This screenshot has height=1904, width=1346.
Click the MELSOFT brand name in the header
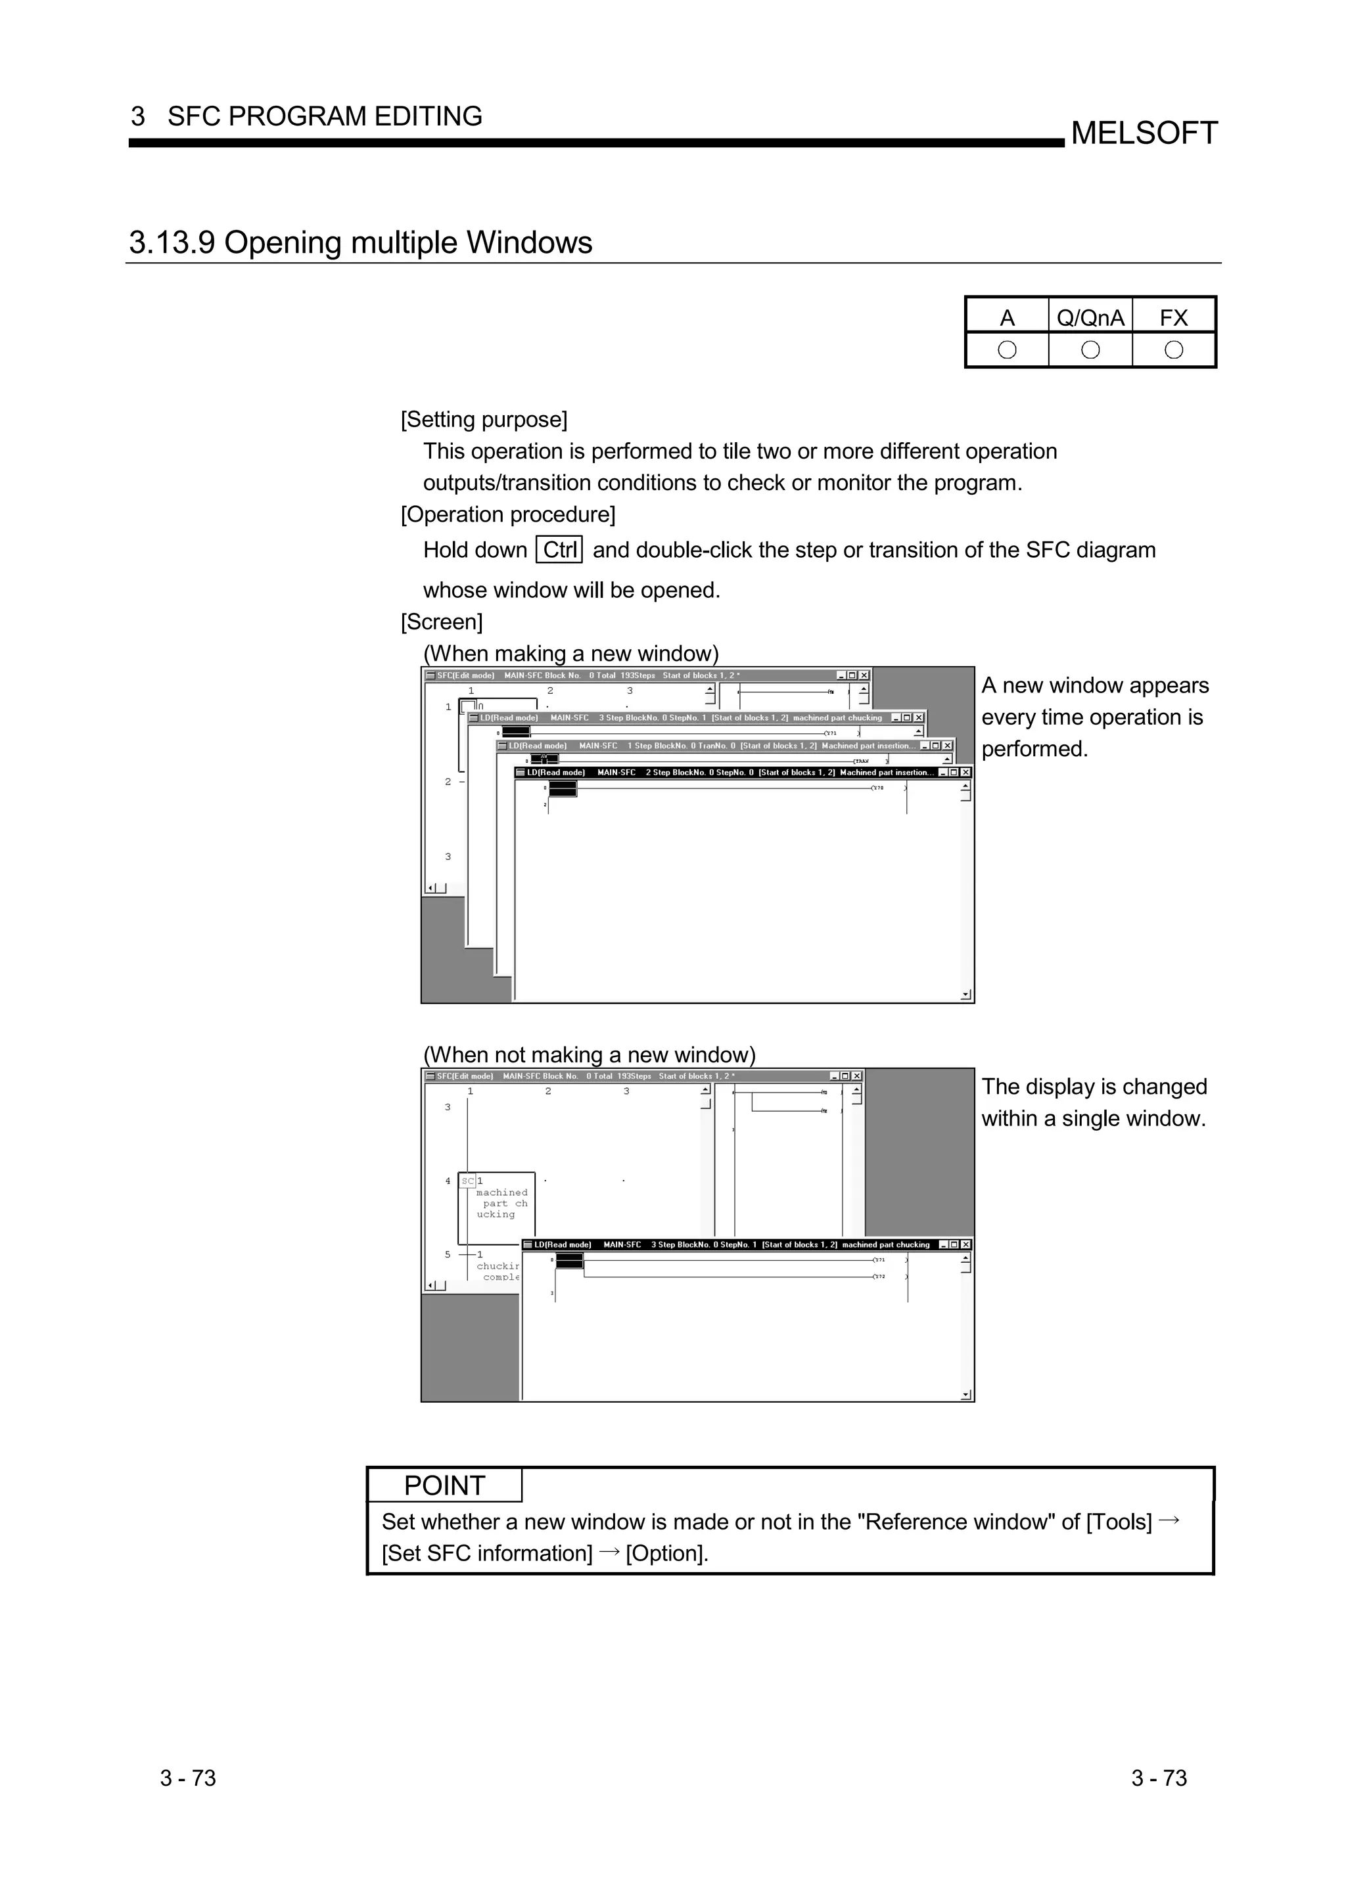[1144, 133]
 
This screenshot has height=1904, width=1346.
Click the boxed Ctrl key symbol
[560, 550]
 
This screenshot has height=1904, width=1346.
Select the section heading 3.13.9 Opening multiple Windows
[361, 242]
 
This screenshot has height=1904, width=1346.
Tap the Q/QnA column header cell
[1090, 317]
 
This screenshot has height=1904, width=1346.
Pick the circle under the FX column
[1174, 350]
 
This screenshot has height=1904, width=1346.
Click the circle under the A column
[1007, 350]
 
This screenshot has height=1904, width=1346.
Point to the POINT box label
[444, 1485]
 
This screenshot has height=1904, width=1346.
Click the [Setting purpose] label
[484, 420]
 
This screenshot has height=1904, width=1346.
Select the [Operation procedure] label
[507, 514]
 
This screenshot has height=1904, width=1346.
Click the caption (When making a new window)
[570, 654]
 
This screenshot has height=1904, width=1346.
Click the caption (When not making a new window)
[589, 1055]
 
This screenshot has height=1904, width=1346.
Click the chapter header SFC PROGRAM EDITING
[324, 116]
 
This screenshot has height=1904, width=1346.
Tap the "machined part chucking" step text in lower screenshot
[500, 1203]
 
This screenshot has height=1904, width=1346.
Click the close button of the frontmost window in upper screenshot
[965, 773]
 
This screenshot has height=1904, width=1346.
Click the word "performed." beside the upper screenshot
[1034, 749]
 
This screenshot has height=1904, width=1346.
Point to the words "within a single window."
[1093, 1119]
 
